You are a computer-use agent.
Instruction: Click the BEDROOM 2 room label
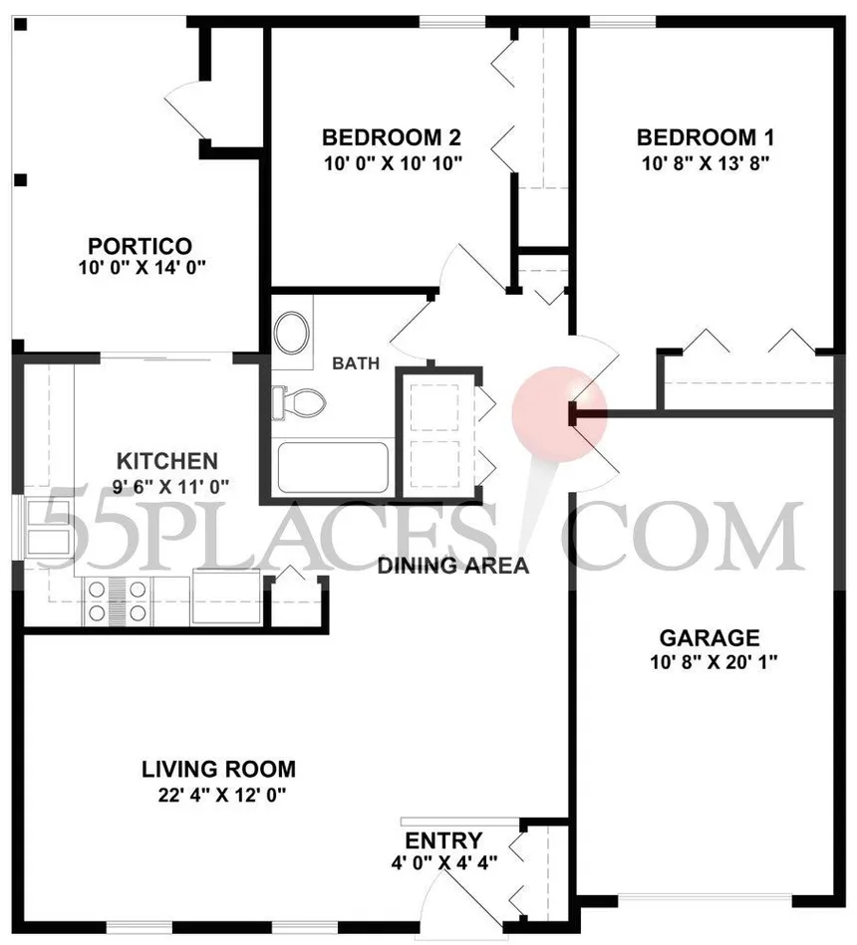392,137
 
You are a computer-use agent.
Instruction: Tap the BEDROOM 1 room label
705,137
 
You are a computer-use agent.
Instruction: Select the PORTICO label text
140,246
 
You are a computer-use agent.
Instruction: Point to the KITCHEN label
167,461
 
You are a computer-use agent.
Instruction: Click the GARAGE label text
710,637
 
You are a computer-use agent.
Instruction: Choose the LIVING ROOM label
219,769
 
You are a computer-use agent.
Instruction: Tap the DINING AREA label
453,566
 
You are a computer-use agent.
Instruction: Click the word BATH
356,363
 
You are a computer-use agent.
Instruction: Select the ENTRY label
443,840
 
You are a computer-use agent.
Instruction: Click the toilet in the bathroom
299,401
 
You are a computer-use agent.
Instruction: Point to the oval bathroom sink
293,333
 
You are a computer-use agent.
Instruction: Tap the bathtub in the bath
333,468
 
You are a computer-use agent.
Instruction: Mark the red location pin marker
558,416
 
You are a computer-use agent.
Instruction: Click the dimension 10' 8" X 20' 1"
714,662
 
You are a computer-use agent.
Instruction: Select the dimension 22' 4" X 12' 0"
221,795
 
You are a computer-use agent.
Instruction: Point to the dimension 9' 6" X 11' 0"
170,486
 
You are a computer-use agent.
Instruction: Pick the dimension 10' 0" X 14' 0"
143,267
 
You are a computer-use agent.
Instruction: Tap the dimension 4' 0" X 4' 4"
443,862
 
